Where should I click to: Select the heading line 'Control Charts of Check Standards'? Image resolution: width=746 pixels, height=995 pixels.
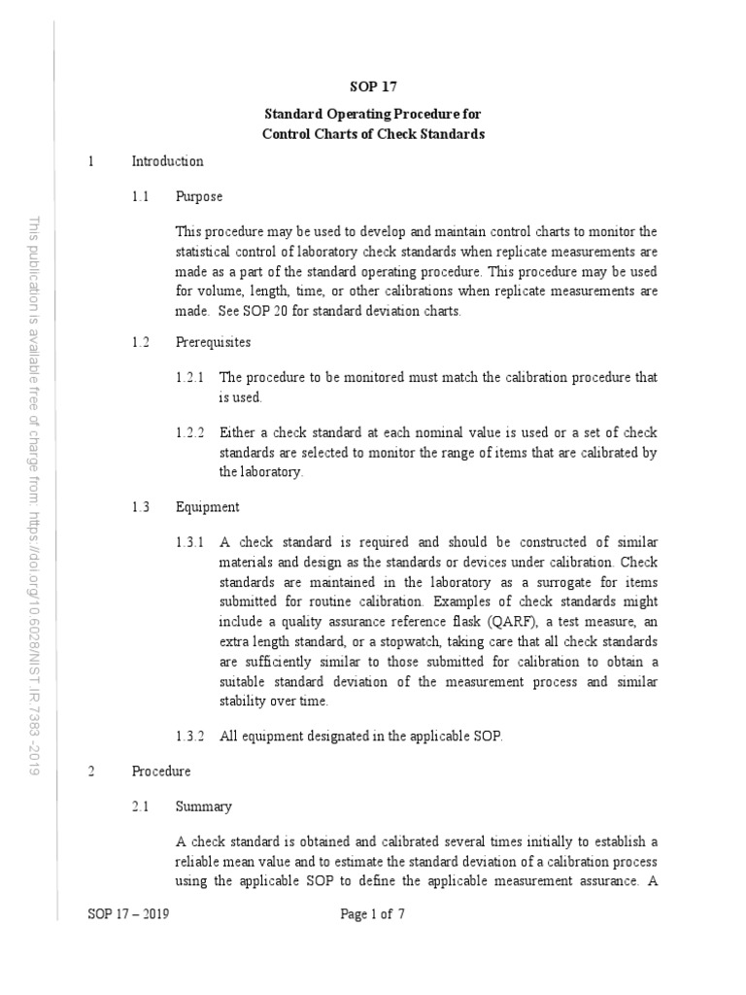pyautogui.click(x=373, y=134)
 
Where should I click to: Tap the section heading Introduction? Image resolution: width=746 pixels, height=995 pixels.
pyautogui.click(x=167, y=161)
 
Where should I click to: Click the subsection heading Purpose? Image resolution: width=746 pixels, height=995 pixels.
pyautogui.click(x=199, y=196)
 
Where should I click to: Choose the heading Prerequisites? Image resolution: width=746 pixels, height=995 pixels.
pyautogui.click(x=213, y=342)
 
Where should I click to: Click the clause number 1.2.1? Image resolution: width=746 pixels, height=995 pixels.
pyautogui.click(x=189, y=377)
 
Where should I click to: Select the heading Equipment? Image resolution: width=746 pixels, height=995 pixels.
pyautogui.click(x=207, y=506)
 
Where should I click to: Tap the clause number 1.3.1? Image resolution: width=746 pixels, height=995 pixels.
pyautogui.click(x=189, y=542)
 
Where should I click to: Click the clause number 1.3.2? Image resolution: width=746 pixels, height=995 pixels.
pyautogui.click(x=189, y=736)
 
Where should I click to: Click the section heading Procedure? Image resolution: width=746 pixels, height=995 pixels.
pyautogui.click(x=161, y=771)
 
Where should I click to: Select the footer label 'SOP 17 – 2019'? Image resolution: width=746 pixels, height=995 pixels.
pyautogui.click(x=127, y=914)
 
